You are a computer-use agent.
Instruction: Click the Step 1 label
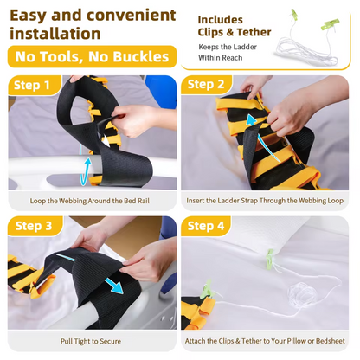coord(32,86)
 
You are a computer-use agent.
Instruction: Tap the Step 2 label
coord(206,84)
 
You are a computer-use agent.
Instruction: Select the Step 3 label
coord(34,226)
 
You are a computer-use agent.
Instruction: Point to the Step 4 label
coord(206,226)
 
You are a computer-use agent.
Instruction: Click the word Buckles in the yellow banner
coord(141,56)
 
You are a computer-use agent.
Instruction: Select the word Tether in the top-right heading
coord(254,32)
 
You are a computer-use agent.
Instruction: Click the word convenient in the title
coord(132,16)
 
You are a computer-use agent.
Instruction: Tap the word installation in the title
coord(55,34)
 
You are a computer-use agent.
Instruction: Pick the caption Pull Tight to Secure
coord(91,341)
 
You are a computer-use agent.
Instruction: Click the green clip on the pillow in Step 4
coord(271,258)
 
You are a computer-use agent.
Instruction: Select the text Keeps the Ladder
coord(228,47)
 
